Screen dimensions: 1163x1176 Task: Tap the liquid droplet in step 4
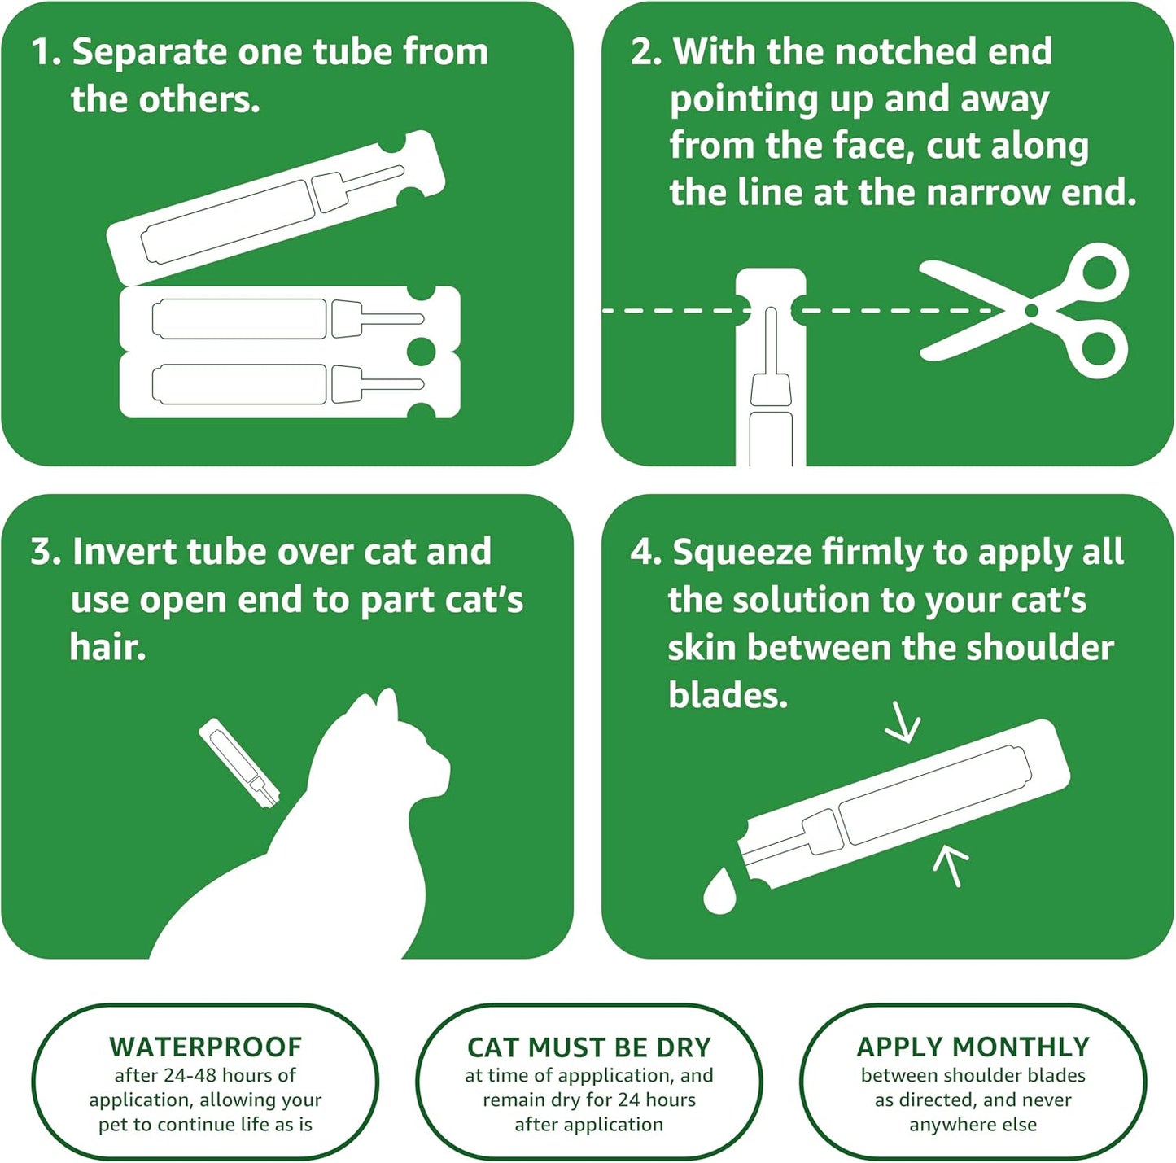719,893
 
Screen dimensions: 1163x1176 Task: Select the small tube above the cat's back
240,763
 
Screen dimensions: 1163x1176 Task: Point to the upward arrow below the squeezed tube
950,864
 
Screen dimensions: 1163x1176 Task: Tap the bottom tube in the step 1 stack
289,385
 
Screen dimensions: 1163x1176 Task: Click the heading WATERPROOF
205,1047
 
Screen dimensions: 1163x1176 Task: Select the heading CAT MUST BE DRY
588,1047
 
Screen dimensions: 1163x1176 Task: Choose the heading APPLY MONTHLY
973,1047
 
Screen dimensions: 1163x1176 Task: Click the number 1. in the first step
46,52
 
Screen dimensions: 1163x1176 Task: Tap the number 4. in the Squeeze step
645,553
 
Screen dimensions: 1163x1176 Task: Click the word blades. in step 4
728,695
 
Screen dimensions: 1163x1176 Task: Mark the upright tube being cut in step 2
770,374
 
